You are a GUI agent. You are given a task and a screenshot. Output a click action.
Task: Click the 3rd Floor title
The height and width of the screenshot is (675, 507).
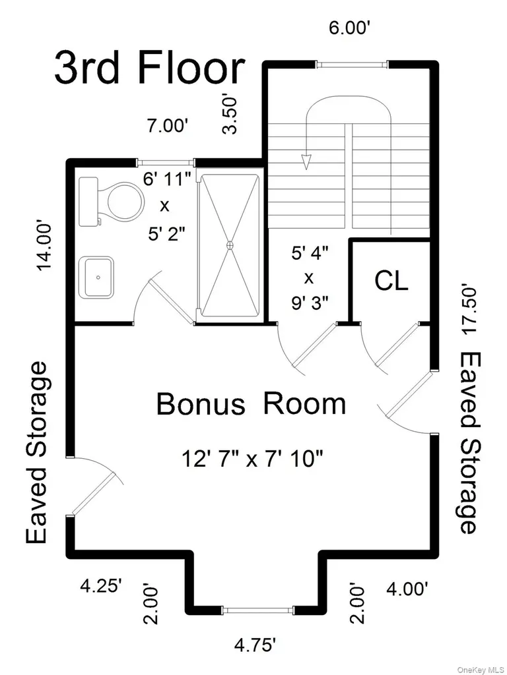point(150,69)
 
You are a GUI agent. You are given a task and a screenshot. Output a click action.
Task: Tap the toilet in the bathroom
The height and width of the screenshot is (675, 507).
point(112,202)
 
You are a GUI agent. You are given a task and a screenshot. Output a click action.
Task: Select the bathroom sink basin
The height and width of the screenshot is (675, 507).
point(99,278)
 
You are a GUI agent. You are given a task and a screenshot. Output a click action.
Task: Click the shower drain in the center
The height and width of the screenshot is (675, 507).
point(230,245)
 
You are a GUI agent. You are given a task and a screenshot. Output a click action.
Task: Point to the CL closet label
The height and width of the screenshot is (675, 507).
point(391,281)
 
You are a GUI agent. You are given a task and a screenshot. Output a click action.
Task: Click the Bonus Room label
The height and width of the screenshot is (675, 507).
point(251,404)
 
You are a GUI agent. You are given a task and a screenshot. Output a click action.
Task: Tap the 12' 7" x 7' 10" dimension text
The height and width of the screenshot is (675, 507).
point(252,458)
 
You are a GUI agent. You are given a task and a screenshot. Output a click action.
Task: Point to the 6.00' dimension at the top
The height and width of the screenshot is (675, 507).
point(350,28)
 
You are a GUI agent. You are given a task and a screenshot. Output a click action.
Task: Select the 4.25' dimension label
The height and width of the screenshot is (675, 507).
point(102,586)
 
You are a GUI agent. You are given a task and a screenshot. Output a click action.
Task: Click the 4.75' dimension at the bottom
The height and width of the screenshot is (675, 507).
point(255,645)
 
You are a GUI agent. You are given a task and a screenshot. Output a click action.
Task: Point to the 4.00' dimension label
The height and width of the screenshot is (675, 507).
point(407,588)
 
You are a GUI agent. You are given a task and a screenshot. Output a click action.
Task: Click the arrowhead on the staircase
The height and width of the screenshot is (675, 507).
point(306,162)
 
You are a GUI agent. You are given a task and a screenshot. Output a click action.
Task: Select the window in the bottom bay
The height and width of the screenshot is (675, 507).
point(258,610)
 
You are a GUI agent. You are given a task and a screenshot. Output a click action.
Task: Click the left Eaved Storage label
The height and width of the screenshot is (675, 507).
point(36,453)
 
